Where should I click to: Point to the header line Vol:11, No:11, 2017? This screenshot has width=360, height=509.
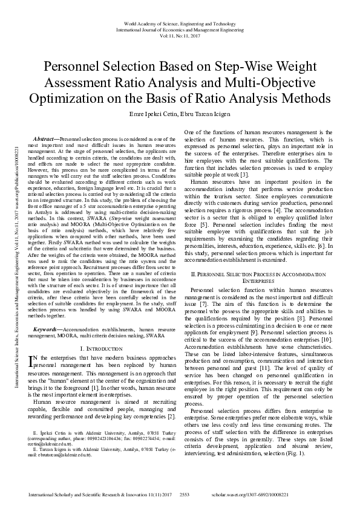pyautogui.click(x=180, y=36)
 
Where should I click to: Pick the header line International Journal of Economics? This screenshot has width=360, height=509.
pyautogui.click(x=180, y=30)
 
